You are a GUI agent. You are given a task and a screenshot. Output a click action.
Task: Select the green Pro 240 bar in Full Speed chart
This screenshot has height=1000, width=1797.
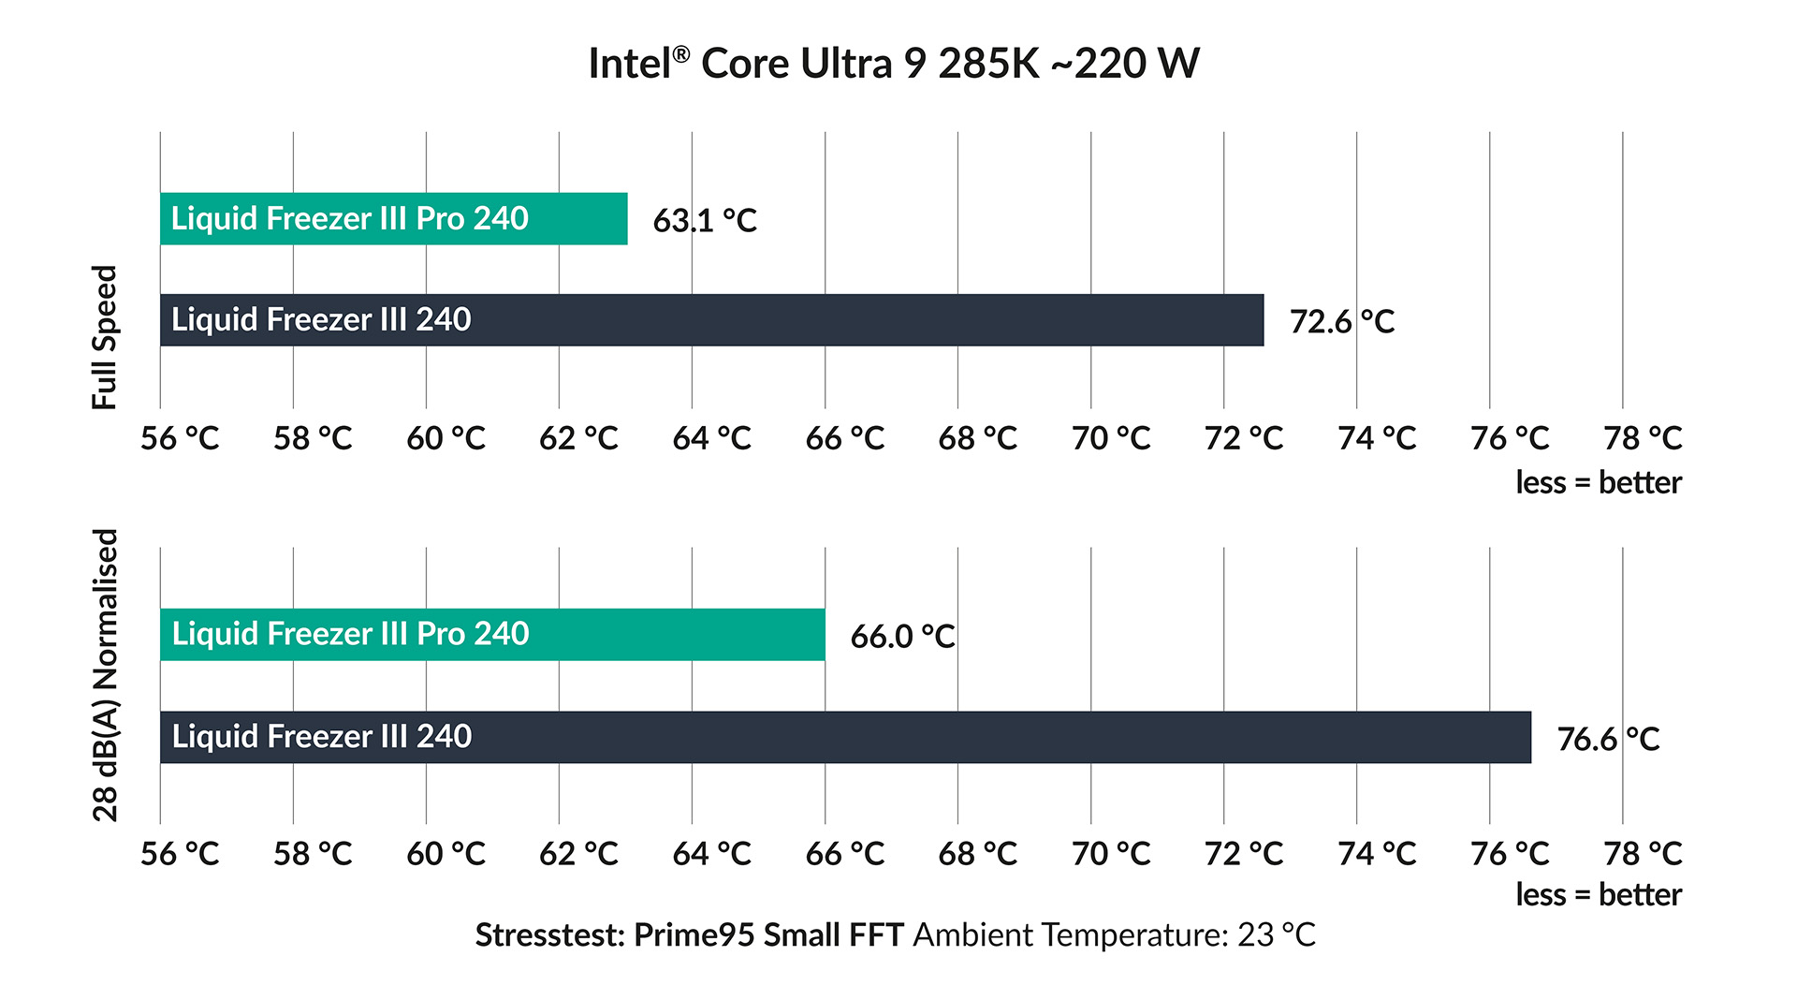click(393, 219)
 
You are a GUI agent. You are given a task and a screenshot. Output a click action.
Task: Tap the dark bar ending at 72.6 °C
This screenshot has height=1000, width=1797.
click(711, 320)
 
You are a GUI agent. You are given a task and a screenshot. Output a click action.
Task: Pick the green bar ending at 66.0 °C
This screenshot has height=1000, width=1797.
click(492, 635)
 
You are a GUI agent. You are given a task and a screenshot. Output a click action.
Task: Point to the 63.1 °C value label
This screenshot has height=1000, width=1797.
click(705, 221)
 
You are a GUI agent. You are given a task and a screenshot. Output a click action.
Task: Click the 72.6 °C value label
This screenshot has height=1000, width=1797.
click(1341, 322)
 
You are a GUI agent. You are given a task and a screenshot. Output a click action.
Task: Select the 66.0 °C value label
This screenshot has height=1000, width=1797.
click(902, 637)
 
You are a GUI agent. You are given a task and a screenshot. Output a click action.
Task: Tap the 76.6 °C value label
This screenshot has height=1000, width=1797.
click(1608, 740)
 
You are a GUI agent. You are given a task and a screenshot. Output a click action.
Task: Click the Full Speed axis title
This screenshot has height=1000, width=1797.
click(105, 337)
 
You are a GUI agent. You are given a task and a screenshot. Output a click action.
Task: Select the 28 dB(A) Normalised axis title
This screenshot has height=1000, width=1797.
click(106, 675)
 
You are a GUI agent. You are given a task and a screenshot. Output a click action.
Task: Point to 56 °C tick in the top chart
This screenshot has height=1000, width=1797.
click(180, 438)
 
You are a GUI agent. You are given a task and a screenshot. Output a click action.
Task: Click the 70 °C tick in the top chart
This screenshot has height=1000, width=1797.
click(1111, 438)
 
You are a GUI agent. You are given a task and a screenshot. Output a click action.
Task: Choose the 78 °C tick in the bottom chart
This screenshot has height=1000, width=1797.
click(1643, 854)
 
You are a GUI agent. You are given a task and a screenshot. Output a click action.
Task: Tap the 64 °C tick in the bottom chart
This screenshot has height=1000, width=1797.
click(711, 854)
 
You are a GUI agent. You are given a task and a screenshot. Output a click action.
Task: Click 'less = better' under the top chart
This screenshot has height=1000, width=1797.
click(1598, 483)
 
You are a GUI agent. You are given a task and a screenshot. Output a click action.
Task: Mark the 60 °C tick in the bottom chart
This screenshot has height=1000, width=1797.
click(446, 854)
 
